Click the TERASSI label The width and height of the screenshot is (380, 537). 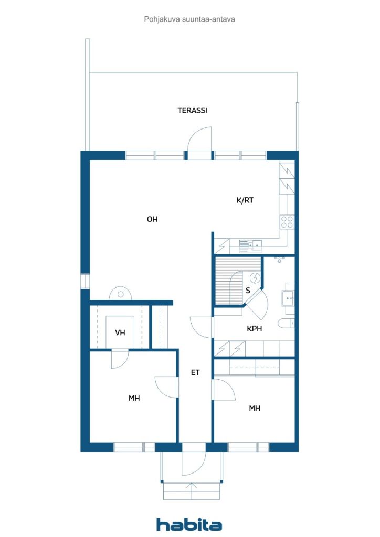192,110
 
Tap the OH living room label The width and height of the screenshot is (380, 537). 152,219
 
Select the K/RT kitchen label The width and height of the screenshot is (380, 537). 245,200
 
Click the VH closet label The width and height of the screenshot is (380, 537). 120,332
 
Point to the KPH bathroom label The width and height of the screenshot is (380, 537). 254,329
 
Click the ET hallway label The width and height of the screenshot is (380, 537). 195,373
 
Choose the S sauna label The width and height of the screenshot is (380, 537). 248,291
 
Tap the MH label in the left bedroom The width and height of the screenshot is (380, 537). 134,398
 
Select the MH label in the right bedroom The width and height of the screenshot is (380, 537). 255,408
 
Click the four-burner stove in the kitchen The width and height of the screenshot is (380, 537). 287,222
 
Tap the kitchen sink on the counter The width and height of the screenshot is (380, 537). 251,244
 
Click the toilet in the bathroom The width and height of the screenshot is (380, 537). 286,323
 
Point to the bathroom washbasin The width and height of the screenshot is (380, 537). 288,298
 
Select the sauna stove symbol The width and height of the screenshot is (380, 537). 255,278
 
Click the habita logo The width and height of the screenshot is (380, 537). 189,524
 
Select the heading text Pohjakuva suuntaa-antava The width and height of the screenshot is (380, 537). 189,19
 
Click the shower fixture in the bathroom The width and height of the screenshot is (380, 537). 280,259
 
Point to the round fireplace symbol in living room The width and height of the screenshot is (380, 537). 120,294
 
